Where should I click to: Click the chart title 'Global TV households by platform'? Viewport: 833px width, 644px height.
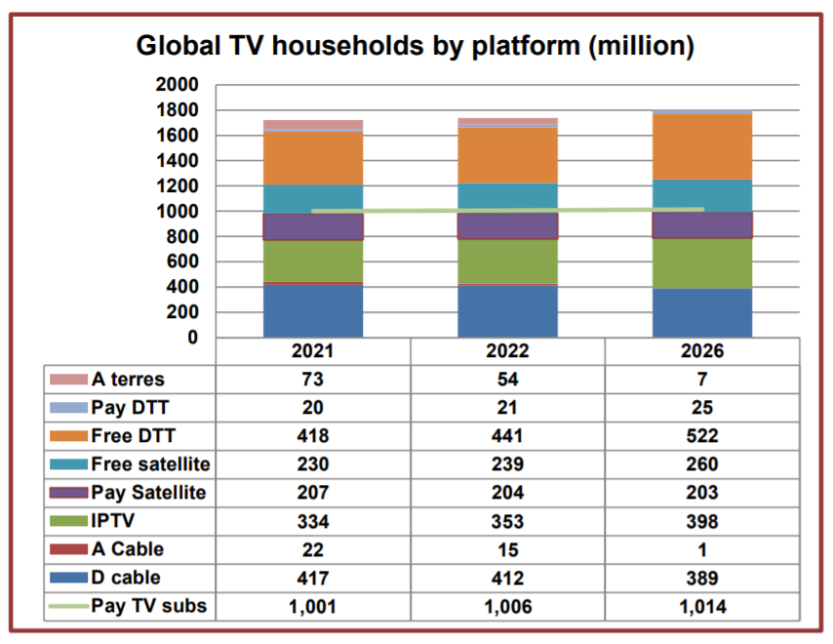(x=415, y=46)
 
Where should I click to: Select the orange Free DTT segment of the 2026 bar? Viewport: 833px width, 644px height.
(x=702, y=146)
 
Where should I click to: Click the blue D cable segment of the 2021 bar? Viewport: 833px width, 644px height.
(x=313, y=311)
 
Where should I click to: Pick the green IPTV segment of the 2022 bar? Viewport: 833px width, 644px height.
(x=507, y=262)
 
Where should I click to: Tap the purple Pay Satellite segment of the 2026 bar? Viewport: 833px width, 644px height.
(x=702, y=225)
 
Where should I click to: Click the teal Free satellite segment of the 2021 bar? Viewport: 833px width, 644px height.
(x=313, y=199)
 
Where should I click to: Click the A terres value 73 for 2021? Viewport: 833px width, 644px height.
(x=313, y=380)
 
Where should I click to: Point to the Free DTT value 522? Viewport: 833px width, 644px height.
(x=701, y=436)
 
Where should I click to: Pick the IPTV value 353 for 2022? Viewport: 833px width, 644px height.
(x=507, y=521)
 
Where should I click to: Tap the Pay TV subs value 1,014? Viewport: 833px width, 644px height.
(x=701, y=606)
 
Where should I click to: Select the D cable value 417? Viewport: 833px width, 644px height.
(x=313, y=578)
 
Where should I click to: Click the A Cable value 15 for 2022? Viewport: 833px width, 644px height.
(x=507, y=549)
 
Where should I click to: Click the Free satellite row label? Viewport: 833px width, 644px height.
(x=150, y=464)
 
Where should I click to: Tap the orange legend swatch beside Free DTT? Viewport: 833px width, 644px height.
(x=68, y=436)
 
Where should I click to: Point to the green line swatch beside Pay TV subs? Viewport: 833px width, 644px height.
(x=68, y=606)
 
